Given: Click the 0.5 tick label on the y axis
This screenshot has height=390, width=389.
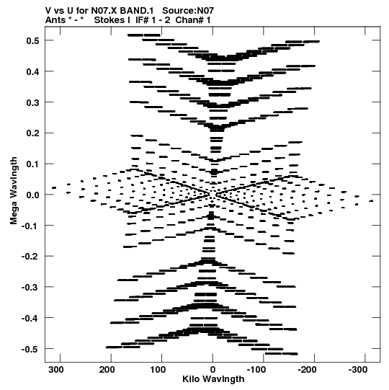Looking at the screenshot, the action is click(32, 40).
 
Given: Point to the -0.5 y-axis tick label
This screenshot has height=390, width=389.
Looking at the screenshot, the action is click(30, 349).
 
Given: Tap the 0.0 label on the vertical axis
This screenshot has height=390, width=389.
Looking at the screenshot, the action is click(32, 195).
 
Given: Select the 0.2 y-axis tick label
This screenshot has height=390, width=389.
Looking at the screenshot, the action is click(32, 133).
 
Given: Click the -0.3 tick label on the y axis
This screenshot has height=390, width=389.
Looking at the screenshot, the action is click(30, 288).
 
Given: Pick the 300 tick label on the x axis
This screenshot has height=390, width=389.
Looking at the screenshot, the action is click(56, 370).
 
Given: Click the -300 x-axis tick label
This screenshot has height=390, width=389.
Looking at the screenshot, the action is click(358, 370).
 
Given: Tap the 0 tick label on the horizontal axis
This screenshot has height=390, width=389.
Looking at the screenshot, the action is click(213, 370).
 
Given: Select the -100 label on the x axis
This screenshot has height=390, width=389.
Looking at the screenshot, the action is click(256, 370).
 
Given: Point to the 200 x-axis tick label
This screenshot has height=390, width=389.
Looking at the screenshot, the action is click(107, 370).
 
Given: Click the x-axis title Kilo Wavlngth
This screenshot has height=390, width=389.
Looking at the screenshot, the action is click(213, 379).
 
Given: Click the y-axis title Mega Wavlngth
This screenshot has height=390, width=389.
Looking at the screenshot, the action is click(14, 191).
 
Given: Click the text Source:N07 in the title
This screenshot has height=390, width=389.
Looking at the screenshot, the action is click(188, 11).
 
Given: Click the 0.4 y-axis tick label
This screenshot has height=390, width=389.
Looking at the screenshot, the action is click(32, 71).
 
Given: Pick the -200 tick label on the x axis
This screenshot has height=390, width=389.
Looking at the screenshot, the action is click(307, 370).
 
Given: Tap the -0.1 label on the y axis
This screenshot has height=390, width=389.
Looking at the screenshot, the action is click(30, 226).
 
